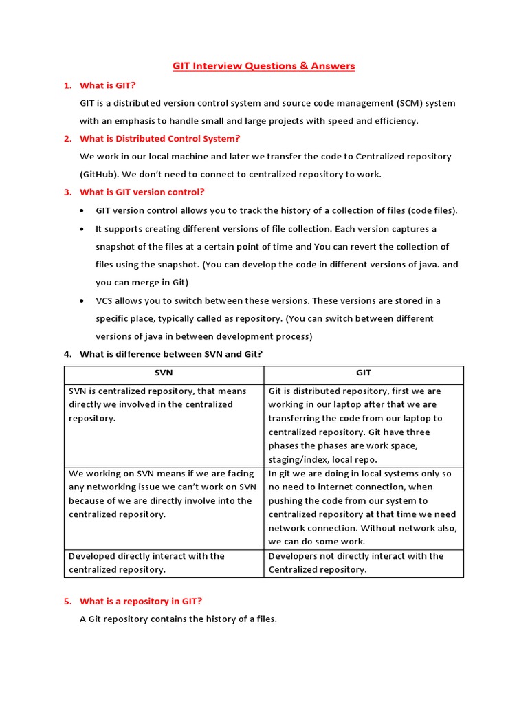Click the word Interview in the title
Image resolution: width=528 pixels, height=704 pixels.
(219, 66)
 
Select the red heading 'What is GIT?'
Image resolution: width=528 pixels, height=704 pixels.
(108, 85)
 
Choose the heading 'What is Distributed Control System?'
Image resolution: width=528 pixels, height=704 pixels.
(159, 139)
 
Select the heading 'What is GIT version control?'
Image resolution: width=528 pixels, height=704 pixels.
(142, 192)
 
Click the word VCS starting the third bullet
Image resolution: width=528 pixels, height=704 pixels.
(104, 300)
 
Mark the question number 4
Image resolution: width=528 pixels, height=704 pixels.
(67, 354)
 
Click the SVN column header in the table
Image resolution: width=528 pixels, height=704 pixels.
(164, 373)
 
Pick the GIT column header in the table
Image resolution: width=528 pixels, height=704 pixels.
(364, 373)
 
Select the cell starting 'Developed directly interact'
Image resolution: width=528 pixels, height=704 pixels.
(164, 562)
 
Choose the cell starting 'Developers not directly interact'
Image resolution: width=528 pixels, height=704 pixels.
(364, 562)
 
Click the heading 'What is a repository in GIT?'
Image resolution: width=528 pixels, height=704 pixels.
(141, 601)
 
